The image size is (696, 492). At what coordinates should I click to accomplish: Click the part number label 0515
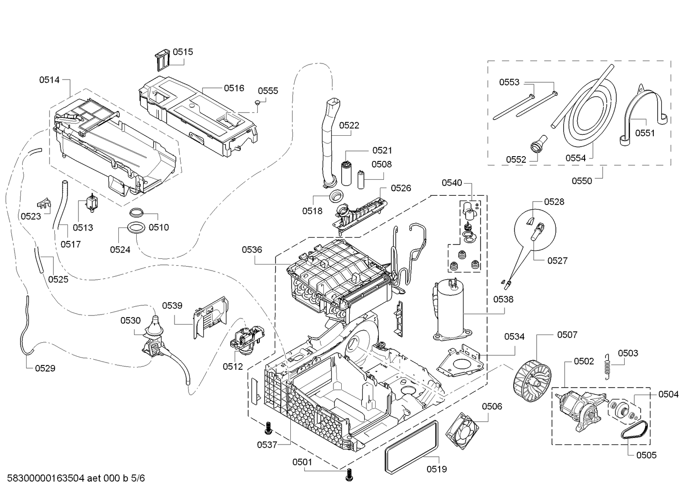click(x=183, y=52)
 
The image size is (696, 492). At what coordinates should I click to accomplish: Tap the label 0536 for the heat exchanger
click(x=252, y=249)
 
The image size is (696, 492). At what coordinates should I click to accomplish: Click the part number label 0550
click(x=582, y=181)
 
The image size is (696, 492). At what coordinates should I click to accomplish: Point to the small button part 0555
click(x=258, y=102)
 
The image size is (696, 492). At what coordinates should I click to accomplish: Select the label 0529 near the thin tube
click(x=45, y=368)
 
